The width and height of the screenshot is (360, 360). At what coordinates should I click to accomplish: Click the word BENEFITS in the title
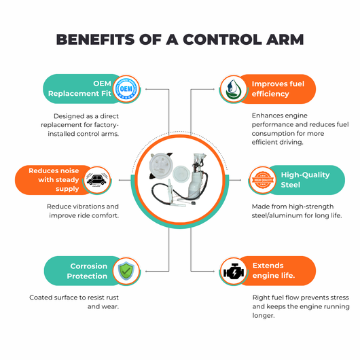pyautogui.click(x=95, y=39)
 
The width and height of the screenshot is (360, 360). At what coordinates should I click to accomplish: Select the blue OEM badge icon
pyautogui.click(x=126, y=88)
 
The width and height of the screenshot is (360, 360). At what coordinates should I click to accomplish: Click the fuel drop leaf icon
pyautogui.click(x=233, y=89)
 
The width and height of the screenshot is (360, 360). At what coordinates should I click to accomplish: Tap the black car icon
pyautogui.click(x=96, y=180)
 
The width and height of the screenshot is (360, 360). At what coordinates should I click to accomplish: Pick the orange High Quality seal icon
pyautogui.click(x=263, y=180)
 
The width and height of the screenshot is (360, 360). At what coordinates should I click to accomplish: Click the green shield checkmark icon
pyautogui.click(x=126, y=271)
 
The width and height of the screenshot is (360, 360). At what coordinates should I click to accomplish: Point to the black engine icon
pyautogui.click(x=233, y=271)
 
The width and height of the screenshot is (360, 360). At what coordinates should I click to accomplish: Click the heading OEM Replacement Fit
pyautogui.click(x=79, y=88)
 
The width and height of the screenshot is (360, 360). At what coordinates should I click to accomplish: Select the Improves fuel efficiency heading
pyautogui.click(x=278, y=89)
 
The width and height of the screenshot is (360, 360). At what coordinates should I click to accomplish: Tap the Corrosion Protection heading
pyautogui.click(x=87, y=271)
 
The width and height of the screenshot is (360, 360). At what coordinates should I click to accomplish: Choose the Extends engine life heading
pyautogui.click(x=274, y=270)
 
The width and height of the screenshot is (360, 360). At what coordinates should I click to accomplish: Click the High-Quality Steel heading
pyautogui.click(x=305, y=180)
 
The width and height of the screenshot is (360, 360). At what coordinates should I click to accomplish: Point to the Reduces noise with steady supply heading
pyautogui.click(x=54, y=180)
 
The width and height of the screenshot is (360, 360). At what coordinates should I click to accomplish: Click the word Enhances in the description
pyautogui.click(x=266, y=115)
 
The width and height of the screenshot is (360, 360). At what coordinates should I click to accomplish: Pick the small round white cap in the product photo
pyautogui.click(x=181, y=175)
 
